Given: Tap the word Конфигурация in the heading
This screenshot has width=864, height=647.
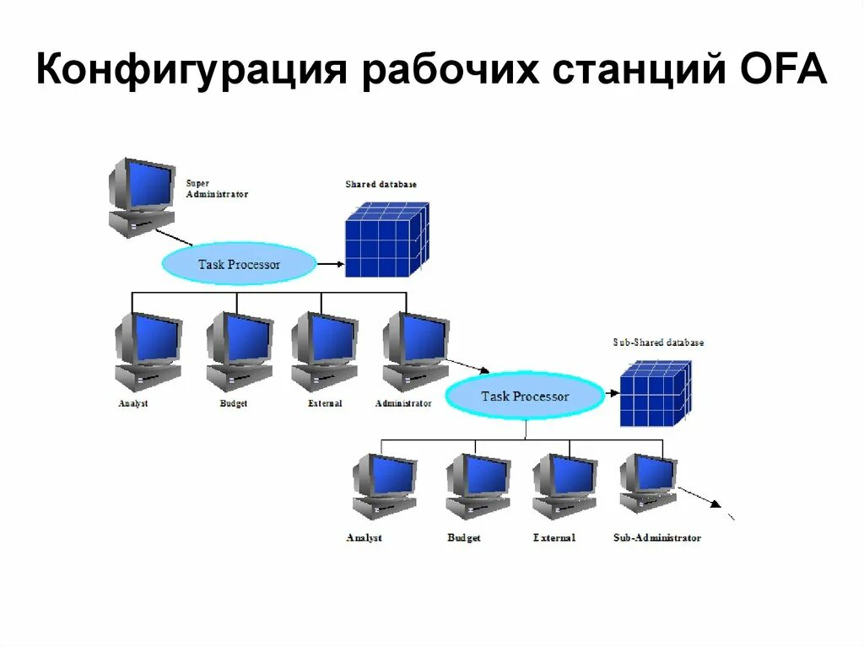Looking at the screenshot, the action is click(x=191, y=71).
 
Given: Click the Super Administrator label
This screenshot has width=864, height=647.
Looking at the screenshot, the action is click(x=217, y=188).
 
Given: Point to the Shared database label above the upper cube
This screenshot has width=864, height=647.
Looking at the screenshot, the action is click(x=381, y=185).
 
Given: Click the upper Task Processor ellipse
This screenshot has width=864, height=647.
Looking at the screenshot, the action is click(x=239, y=264).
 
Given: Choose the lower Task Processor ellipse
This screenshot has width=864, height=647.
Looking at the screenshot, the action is click(x=524, y=396).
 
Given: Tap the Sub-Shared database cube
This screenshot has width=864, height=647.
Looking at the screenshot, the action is click(x=655, y=393).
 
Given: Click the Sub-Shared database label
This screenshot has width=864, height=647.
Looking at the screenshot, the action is click(x=658, y=343).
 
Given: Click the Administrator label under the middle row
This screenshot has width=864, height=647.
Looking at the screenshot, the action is click(x=402, y=404).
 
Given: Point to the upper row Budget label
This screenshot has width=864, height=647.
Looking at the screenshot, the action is click(x=234, y=404).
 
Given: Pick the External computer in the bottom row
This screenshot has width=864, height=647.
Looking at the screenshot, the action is click(x=564, y=486).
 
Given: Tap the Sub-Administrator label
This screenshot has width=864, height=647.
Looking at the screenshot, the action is click(x=656, y=538).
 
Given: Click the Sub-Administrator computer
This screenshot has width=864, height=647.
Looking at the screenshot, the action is click(x=648, y=483).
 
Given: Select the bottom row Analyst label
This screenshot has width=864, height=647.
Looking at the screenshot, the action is click(x=364, y=538).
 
